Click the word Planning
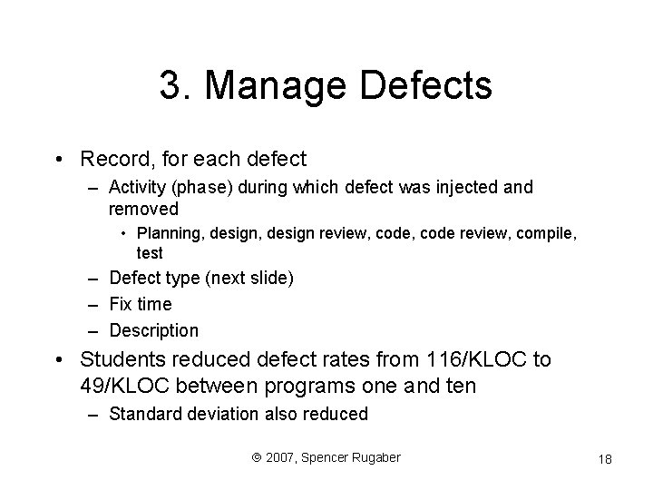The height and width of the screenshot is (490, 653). (x=168, y=236)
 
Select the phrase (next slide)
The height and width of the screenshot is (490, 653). (x=249, y=279)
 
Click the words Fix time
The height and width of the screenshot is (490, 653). (x=140, y=304)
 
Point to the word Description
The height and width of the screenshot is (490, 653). (x=153, y=330)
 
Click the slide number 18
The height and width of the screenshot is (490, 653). (x=605, y=459)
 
